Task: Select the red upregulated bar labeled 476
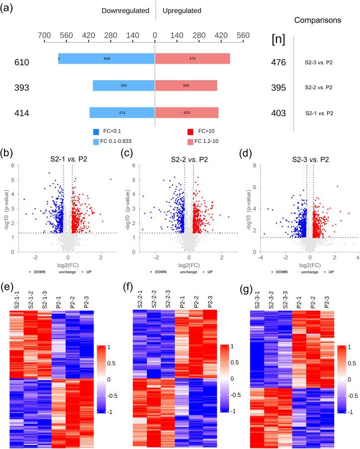[x=192, y=59]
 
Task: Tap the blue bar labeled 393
[x=123, y=86]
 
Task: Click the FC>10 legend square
[x=191, y=132]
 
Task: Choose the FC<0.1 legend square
[x=96, y=132]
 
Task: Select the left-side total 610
[x=22, y=62]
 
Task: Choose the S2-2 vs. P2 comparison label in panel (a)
[x=319, y=88]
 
